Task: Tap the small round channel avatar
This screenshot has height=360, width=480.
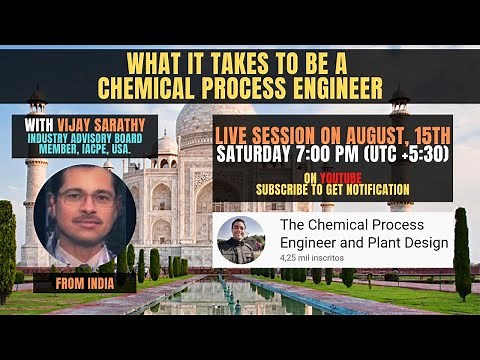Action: [x=241, y=240]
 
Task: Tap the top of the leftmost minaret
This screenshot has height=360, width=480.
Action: [x=37, y=96]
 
